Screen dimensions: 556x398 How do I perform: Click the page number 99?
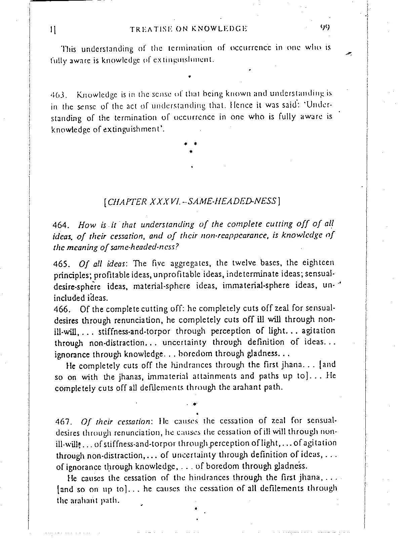click(x=325, y=28)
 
